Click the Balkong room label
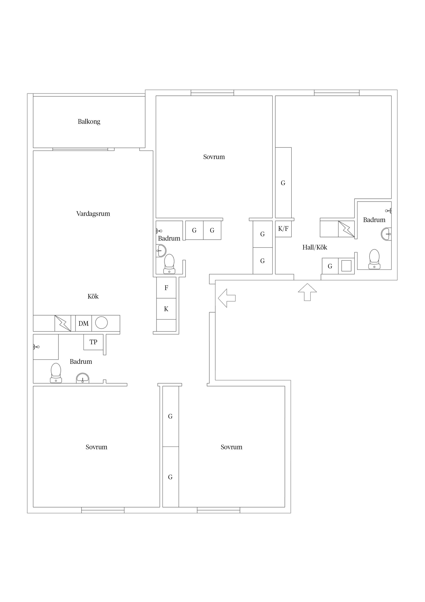point(89,122)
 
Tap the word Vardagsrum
point(93,214)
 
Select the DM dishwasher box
point(83,323)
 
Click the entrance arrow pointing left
point(227,298)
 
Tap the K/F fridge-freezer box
point(283,229)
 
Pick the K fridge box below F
point(166,309)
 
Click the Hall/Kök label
point(315,247)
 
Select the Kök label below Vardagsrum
point(93,296)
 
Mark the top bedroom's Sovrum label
point(214,157)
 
